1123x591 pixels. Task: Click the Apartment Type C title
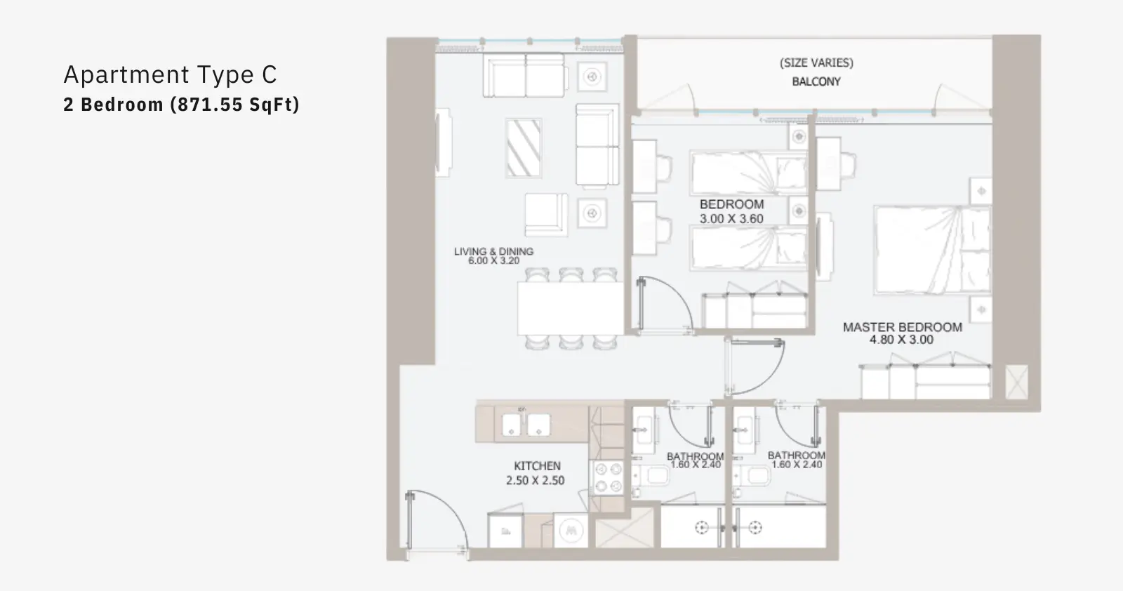tap(170, 74)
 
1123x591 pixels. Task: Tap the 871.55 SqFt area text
tap(235, 105)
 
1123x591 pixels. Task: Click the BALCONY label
tap(816, 81)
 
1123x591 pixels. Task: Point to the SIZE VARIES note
tap(816, 62)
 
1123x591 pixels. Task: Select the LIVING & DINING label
tap(494, 251)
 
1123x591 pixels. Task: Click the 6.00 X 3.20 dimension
tap(494, 260)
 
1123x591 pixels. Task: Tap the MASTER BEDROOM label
tap(903, 327)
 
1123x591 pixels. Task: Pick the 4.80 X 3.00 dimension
tap(901, 340)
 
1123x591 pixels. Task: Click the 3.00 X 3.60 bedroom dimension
tap(731, 219)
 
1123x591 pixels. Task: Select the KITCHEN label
tap(537, 466)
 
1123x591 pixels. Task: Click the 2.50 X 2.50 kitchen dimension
tap(535, 481)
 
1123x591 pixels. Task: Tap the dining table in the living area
tap(571, 308)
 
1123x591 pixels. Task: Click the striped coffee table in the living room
tap(524, 148)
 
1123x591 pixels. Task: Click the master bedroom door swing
tap(755, 366)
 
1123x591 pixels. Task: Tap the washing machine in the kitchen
tap(571, 530)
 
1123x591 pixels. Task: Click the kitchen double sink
tap(526, 425)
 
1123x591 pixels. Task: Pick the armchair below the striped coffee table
tap(547, 215)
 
